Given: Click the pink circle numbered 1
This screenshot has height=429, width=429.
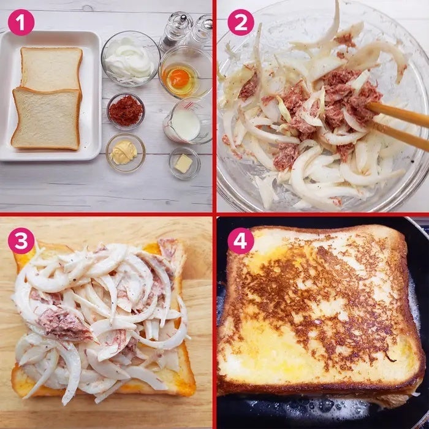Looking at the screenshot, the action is [21, 23].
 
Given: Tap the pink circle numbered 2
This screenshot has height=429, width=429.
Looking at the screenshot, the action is [241, 23].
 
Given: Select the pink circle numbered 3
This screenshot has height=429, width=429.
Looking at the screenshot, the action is [21, 241].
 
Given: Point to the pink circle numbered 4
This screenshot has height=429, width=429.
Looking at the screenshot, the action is [241, 241].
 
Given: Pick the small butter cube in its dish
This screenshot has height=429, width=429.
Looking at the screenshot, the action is [184, 164].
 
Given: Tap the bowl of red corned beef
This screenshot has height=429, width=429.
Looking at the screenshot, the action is [126, 111].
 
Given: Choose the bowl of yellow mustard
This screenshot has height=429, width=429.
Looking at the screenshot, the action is [126, 152].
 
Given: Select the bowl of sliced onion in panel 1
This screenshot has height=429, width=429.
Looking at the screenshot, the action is [131, 58].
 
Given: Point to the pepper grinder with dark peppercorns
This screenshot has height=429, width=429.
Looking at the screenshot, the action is [176, 31].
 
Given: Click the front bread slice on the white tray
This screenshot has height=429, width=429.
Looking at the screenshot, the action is [47, 118].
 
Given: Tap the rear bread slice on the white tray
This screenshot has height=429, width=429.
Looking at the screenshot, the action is [51, 69].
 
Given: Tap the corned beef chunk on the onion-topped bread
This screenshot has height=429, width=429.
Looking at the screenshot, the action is [64, 324].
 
